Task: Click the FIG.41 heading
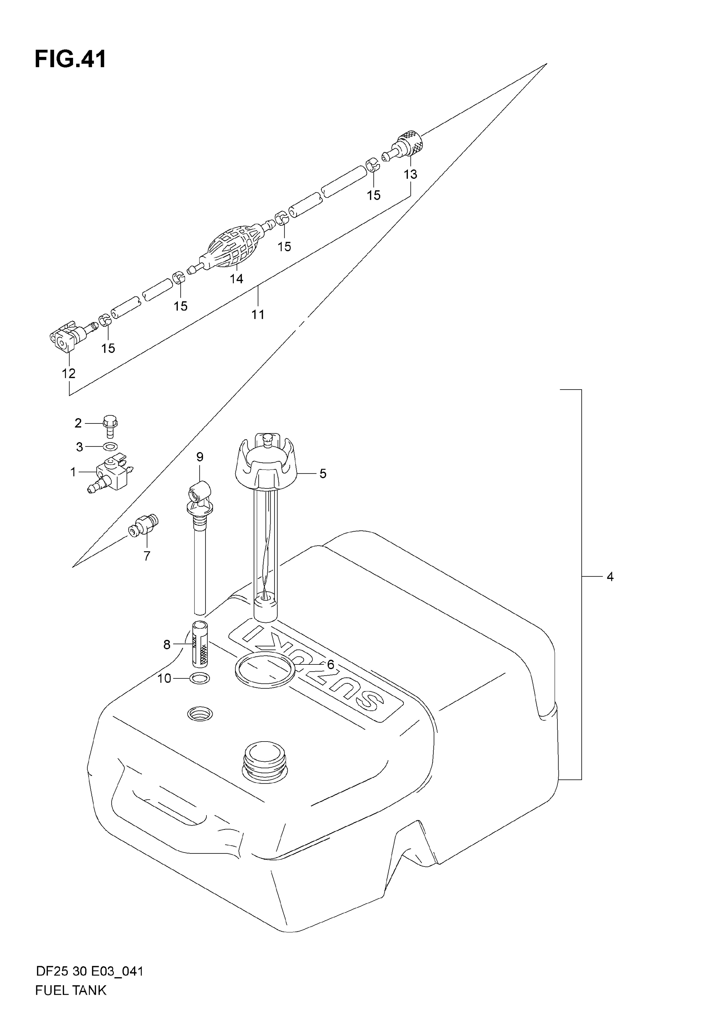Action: click(71, 59)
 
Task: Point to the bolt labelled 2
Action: click(110, 426)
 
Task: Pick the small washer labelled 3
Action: click(110, 446)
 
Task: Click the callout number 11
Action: click(258, 315)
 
